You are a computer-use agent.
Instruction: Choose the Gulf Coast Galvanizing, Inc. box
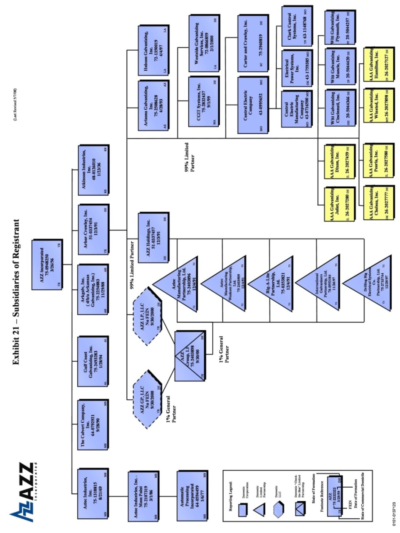(x=93, y=360)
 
